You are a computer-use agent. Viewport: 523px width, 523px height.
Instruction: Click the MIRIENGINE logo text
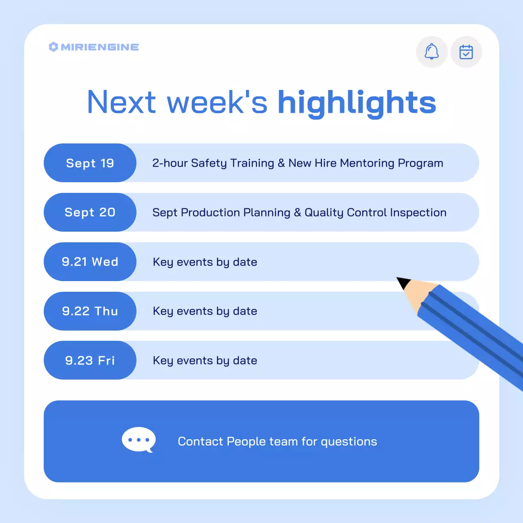pyautogui.click(x=100, y=47)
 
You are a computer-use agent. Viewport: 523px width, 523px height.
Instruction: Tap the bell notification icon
pyautogui.click(x=431, y=52)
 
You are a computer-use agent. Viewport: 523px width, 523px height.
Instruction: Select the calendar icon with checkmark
pyautogui.click(x=466, y=52)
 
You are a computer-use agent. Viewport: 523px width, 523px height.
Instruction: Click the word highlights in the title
pyautogui.click(x=357, y=102)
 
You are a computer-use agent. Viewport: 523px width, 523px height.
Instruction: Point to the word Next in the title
pyautogui.click(x=121, y=102)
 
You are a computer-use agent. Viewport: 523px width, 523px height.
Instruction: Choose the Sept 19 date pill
pyautogui.click(x=90, y=163)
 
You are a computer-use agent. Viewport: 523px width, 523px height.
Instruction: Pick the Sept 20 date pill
pyautogui.click(x=90, y=212)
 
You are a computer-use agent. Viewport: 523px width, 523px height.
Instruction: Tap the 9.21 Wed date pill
pyautogui.click(x=90, y=262)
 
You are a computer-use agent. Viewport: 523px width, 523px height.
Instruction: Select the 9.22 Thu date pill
pyautogui.click(x=90, y=311)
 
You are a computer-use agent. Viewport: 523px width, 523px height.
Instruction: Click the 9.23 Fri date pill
pyautogui.click(x=90, y=360)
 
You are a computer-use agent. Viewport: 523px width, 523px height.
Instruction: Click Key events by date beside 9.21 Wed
pyautogui.click(x=205, y=262)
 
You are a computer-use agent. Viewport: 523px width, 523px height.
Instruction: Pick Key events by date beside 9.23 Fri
pyautogui.click(x=205, y=360)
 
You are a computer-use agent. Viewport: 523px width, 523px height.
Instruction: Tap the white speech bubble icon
pyautogui.click(x=139, y=440)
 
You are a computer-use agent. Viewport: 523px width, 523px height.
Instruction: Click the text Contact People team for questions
pyautogui.click(x=277, y=441)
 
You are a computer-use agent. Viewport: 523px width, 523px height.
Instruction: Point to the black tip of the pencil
pyautogui.click(x=403, y=282)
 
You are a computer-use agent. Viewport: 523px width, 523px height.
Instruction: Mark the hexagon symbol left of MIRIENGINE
pyautogui.click(x=53, y=47)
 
